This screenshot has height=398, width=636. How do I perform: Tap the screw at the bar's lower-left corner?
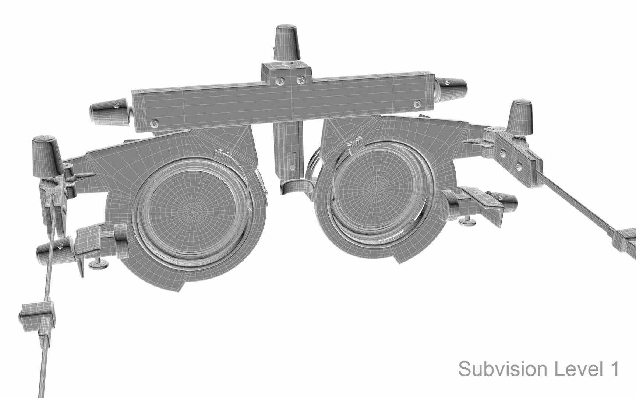pyautogui.click(x=154, y=122)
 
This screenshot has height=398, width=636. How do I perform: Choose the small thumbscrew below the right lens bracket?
pyautogui.click(x=467, y=221)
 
